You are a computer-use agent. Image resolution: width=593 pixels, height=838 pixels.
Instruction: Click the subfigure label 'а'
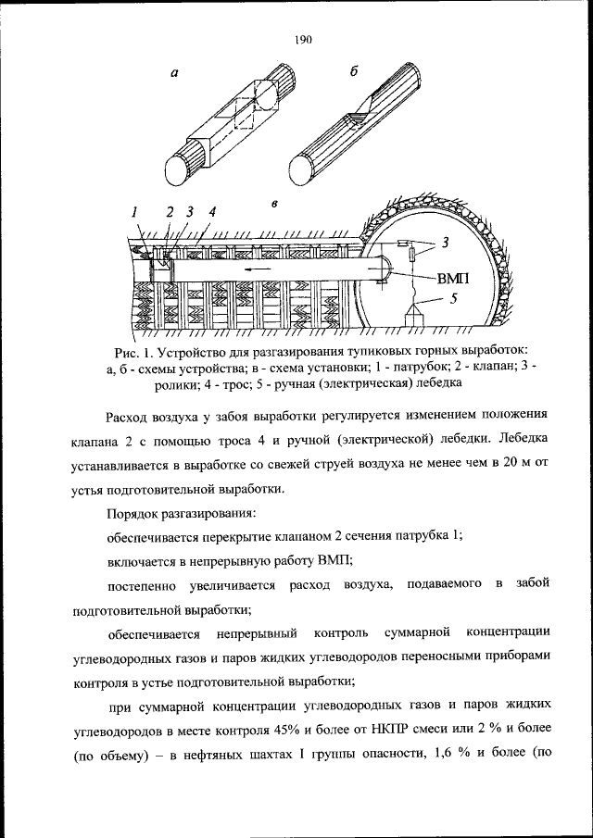point(175,80)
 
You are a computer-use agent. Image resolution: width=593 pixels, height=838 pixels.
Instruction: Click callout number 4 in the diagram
point(212,212)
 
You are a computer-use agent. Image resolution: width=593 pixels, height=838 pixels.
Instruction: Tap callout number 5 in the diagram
point(454,298)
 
